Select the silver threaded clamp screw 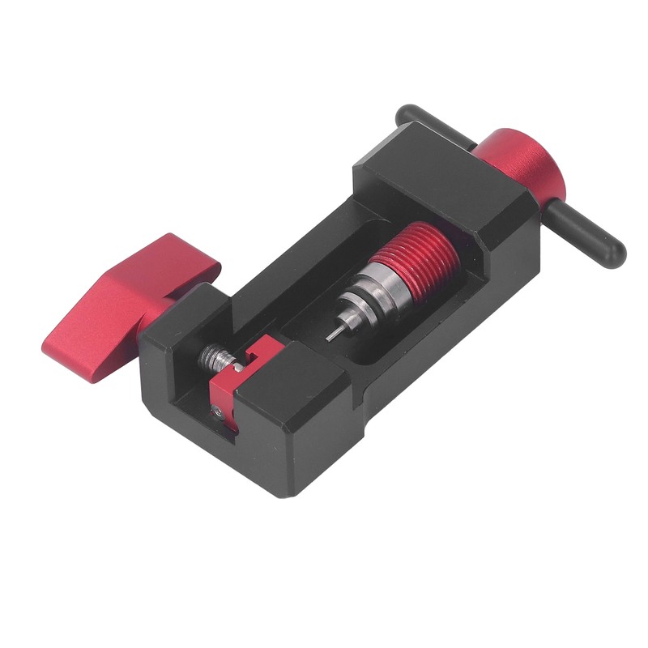point(213,356)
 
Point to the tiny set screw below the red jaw point(220,413)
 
